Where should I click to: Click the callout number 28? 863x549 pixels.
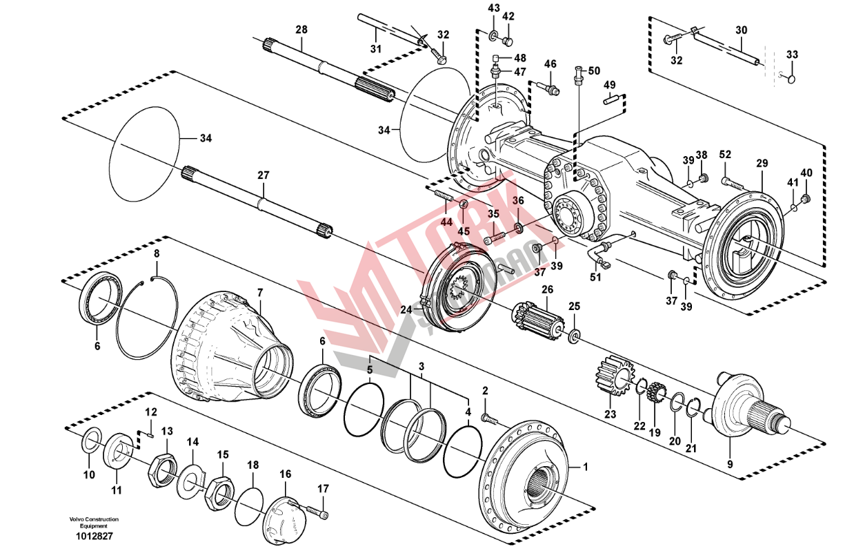coord(301,29)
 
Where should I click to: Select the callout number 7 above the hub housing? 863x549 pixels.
coord(260,293)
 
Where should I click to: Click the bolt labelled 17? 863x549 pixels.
coord(318,512)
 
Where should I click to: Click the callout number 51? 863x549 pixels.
coord(595,278)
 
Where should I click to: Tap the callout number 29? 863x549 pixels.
coord(762,164)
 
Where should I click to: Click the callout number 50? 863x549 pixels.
coord(594,70)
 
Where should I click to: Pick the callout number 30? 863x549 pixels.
coord(741,30)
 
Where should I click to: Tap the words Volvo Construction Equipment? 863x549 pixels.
coord(94,522)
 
